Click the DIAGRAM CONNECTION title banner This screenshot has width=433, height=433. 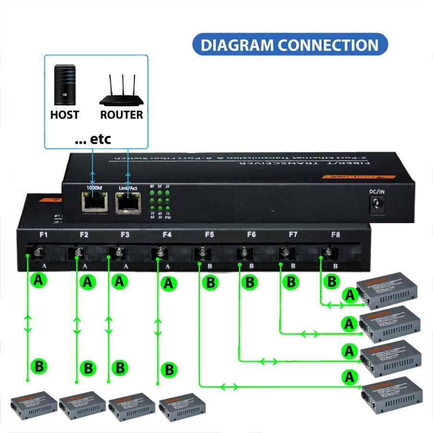pyautogui.click(x=290, y=45)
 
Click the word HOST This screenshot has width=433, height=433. pyautogui.click(x=64, y=115)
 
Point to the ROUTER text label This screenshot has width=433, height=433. pyautogui.click(x=121, y=115)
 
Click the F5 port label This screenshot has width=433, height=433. pyautogui.click(x=209, y=235)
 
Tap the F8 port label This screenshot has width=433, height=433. pyautogui.click(x=335, y=235)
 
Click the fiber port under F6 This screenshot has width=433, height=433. pyautogui.click(x=243, y=252)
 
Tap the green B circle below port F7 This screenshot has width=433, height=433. pyautogui.click(x=291, y=282)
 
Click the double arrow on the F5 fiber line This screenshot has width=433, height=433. pyautogui.click(x=229, y=386)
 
